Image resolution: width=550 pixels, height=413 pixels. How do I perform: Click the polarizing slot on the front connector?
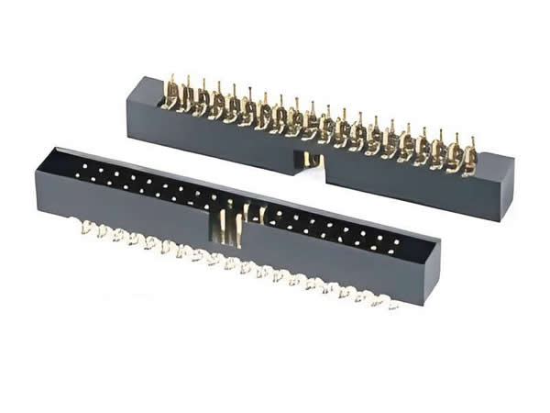[x=229, y=225]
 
